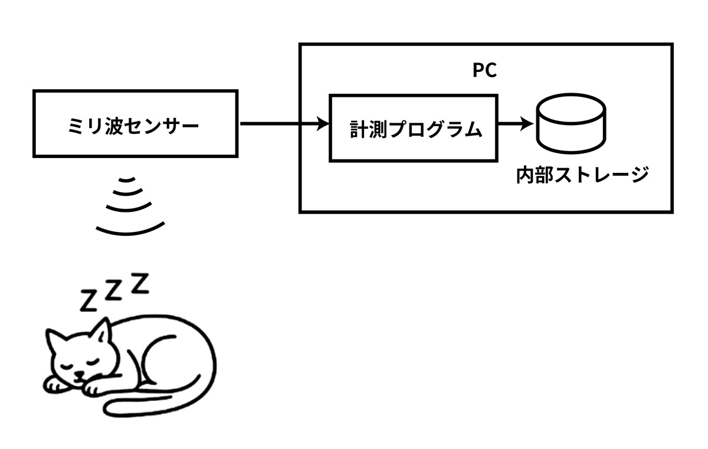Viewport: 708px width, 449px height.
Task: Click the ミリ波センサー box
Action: (x=135, y=123)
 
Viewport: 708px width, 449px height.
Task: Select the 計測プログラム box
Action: (x=413, y=127)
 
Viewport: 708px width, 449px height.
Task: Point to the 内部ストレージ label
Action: (x=582, y=175)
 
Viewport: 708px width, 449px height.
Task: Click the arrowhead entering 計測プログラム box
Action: (x=323, y=124)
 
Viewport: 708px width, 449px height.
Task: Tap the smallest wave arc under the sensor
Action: (x=129, y=181)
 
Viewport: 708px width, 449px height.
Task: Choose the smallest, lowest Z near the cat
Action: (x=88, y=301)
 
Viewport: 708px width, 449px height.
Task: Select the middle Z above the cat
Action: (x=114, y=290)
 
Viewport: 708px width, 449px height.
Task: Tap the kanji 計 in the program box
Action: (x=360, y=129)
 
